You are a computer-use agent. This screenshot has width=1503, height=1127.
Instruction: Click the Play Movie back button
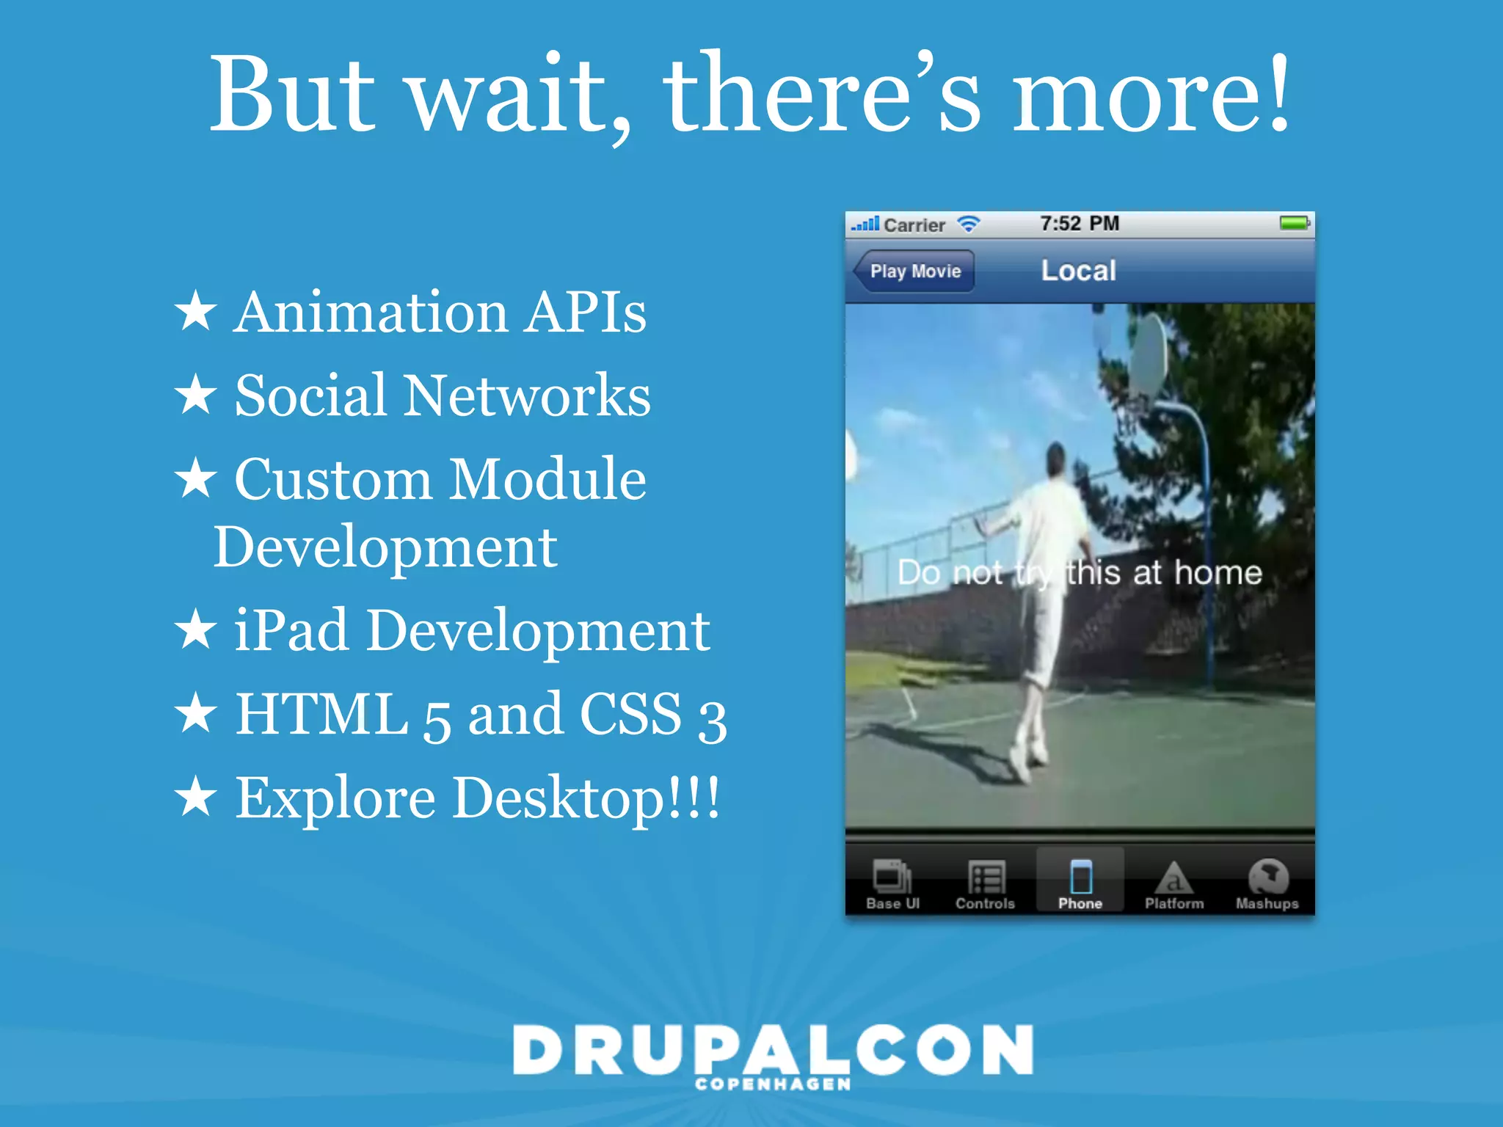914,271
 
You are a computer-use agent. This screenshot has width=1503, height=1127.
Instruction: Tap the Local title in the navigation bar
1078,271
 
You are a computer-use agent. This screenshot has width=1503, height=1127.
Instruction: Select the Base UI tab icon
892,877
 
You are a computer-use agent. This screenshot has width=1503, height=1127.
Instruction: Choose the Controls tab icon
986,877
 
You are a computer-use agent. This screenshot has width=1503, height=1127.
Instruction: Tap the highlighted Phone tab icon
1080,877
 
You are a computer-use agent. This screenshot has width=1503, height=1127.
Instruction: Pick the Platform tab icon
1173,877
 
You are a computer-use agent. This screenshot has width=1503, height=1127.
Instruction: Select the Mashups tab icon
1267,877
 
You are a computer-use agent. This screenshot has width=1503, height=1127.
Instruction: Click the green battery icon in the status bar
1295,223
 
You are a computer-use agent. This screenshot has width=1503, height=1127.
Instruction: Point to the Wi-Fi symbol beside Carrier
969,225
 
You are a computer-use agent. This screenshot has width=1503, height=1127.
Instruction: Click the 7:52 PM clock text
1080,223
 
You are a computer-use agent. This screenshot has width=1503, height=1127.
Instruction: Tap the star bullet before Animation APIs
195,311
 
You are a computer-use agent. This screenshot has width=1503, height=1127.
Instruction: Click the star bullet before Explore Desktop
195,798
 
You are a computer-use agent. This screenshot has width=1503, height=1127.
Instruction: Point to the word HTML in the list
321,714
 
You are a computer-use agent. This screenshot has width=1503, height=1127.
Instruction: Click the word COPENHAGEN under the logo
773,1084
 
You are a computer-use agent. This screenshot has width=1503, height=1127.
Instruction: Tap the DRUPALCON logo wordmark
773,1049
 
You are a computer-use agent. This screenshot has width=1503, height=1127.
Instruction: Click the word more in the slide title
1150,95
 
